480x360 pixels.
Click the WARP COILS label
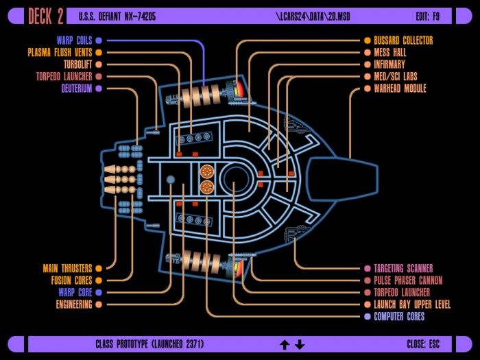tap(74, 40)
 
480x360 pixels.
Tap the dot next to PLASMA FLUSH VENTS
tap(99, 52)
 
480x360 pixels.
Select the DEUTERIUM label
tap(77, 88)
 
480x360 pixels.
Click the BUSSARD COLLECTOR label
tap(403, 40)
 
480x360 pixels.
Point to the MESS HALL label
tap(390, 52)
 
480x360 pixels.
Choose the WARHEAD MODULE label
tap(400, 88)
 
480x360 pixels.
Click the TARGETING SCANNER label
tap(403, 269)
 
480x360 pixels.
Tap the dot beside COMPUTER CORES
tap(368, 317)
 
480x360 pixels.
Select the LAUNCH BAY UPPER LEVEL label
tap(412, 304)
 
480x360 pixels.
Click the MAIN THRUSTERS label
tap(67, 269)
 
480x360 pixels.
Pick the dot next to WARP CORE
tap(99, 292)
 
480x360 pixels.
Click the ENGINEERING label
tap(74, 304)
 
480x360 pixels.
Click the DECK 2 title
tap(46, 16)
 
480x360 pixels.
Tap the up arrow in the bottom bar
tap(285, 345)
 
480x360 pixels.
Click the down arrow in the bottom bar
tap(300, 345)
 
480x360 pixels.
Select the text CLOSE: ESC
tap(423, 344)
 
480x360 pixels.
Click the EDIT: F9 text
tap(428, 16)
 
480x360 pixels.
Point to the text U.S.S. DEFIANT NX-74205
tap(117, 16)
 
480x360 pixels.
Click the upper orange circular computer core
tap(207, 171)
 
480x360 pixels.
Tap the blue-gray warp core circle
tap(171, 180)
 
